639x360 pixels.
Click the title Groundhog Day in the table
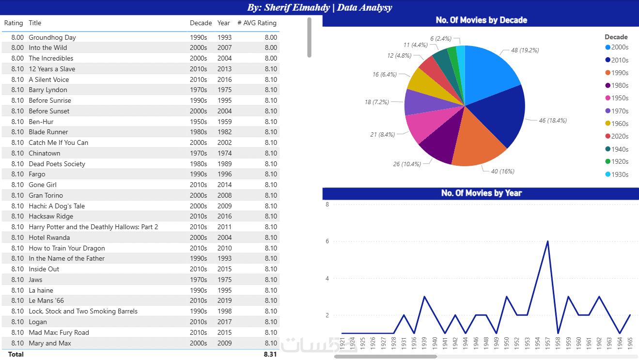click(x=52, y=37)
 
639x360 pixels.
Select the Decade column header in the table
click(x=201, y=23)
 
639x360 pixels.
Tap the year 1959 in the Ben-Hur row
click(x=224, y=122)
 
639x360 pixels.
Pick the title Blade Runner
click(x=48, y=132)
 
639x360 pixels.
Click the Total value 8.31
click(x=270, y=354)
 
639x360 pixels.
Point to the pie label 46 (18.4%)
click(x=553, y=121)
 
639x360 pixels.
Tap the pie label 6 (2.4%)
click(x=441, y=38)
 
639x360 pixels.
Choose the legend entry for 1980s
click(x=619, y=86)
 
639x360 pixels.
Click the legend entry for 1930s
click(x=619, y=174)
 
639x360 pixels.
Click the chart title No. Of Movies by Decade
click(x=481, y=20)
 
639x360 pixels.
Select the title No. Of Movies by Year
click(x=481, y=193)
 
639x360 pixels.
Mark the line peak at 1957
click(x=547, y=241)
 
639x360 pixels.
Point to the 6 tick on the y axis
click(x=327, y=241)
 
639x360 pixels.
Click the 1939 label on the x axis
click(x=424, y=342)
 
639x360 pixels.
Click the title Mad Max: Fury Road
click(x=59, y=332)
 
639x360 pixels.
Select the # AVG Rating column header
click(x=257, y=23)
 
